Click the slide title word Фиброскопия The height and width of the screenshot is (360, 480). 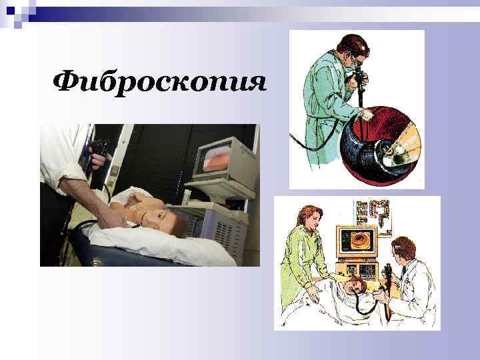coord(160,83)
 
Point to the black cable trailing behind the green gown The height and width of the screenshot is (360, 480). coord(313,147)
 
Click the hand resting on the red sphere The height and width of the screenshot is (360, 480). coord(364,115)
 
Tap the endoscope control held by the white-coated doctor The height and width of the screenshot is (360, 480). coord(387,273)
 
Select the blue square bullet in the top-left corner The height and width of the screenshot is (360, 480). coord(9,10)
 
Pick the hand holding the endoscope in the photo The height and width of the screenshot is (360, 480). coord(97,160)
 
